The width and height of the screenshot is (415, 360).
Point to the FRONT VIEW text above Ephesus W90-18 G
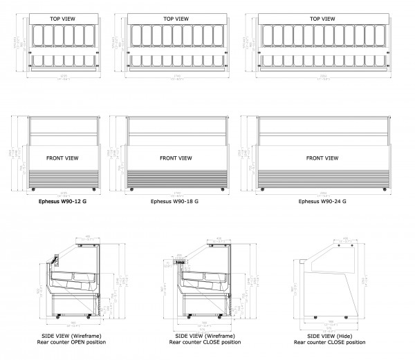click(175, 158)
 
